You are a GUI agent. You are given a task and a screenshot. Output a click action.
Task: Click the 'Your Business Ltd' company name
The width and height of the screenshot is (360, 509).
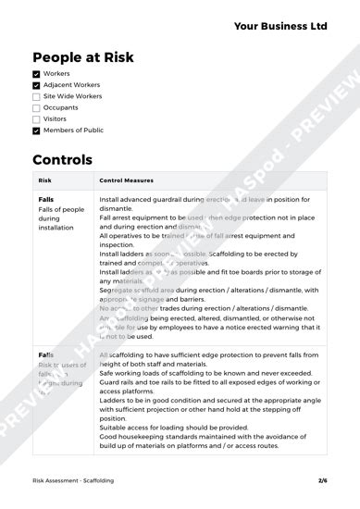coord(279,27)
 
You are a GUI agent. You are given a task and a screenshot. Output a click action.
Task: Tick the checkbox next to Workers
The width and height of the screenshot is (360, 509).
coord(36,73)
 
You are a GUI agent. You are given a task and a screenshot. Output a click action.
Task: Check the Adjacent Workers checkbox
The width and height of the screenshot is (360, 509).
coord(36,85)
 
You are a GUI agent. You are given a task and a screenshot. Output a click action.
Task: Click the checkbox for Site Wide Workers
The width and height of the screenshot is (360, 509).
coord(36,96)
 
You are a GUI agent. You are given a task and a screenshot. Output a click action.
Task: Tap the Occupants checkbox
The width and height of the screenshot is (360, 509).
coord(36,107)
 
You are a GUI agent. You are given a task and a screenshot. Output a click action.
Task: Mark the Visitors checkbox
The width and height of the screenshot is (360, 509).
coord(36,119)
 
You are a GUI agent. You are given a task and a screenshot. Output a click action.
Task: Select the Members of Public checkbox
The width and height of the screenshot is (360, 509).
coord(36,130)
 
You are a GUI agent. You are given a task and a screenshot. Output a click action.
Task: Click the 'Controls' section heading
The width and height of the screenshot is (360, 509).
coord(63,159)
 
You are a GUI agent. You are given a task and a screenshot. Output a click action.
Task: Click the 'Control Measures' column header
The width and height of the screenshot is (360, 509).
coord(126,180)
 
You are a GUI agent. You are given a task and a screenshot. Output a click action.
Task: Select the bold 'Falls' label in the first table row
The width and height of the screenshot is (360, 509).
coord(46,199)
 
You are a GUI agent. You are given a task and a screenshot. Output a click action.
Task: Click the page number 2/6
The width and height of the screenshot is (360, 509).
coord(322,480)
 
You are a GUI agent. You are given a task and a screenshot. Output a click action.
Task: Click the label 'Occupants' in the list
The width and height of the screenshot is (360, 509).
coord(60,107)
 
